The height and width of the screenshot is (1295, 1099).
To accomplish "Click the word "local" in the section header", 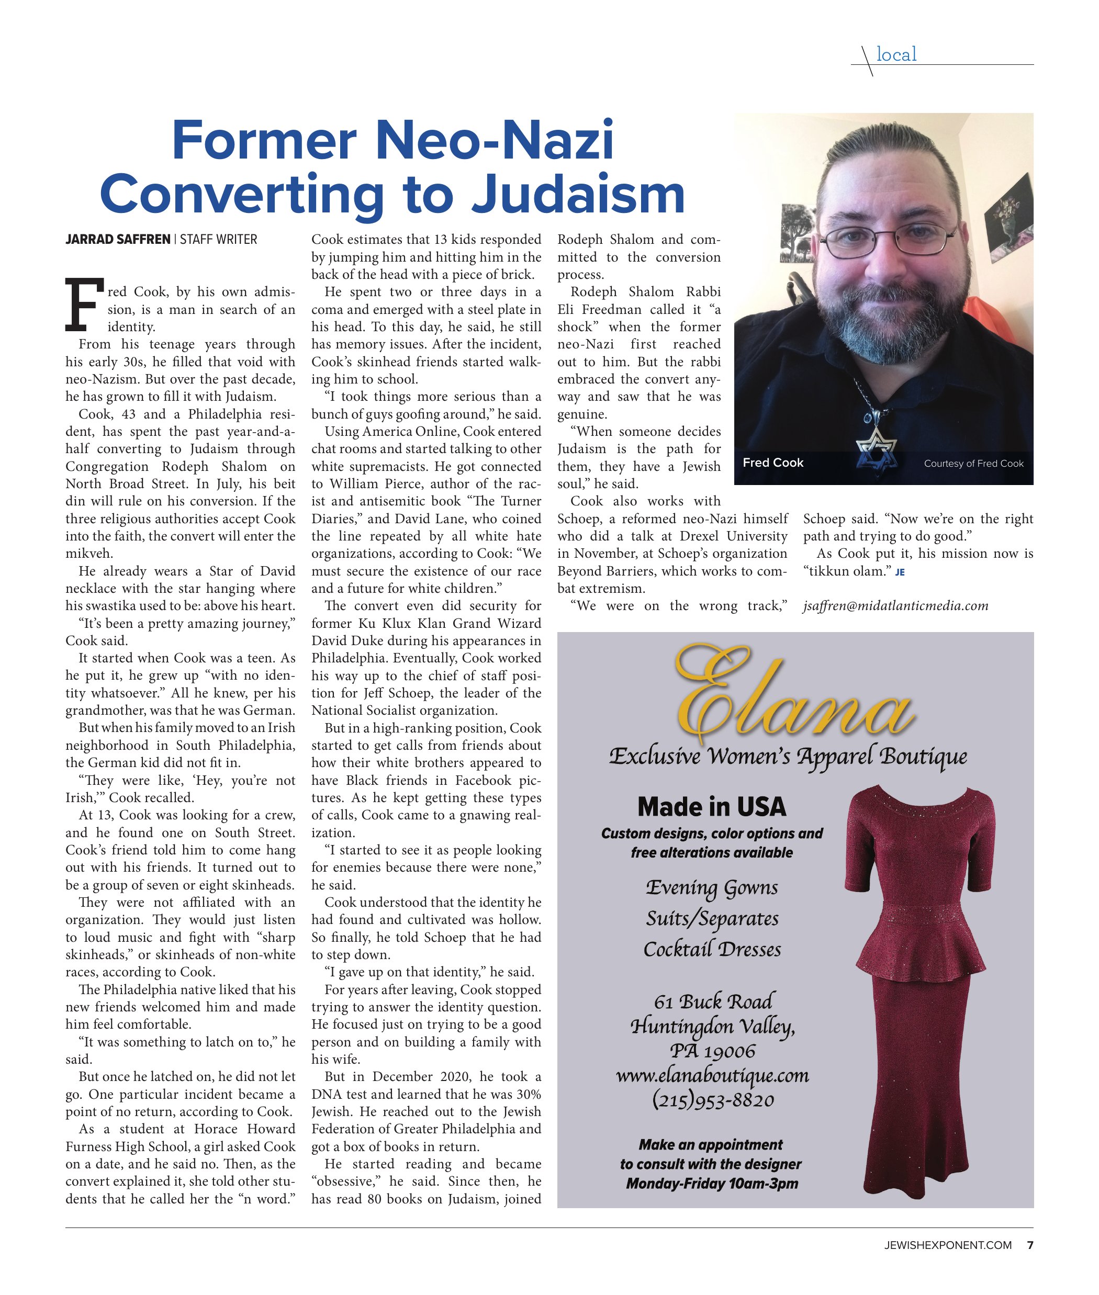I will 896,55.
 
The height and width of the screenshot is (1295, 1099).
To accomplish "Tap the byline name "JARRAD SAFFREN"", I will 117,239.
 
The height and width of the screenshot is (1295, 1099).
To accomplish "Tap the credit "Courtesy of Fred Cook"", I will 973,464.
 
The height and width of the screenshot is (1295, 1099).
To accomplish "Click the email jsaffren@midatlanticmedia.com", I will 895,606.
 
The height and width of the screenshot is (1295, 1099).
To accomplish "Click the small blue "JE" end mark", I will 900,572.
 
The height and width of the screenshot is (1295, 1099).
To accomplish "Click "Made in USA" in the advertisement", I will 712,807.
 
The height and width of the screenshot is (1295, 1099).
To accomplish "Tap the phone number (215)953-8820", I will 713,1100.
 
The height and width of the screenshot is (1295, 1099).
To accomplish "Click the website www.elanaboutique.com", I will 712,1076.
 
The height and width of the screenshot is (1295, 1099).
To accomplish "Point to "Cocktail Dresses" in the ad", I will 712,949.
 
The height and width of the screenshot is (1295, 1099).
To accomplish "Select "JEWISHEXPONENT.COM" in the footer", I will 948,1245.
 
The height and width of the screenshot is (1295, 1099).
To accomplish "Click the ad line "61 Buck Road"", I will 713,1001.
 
